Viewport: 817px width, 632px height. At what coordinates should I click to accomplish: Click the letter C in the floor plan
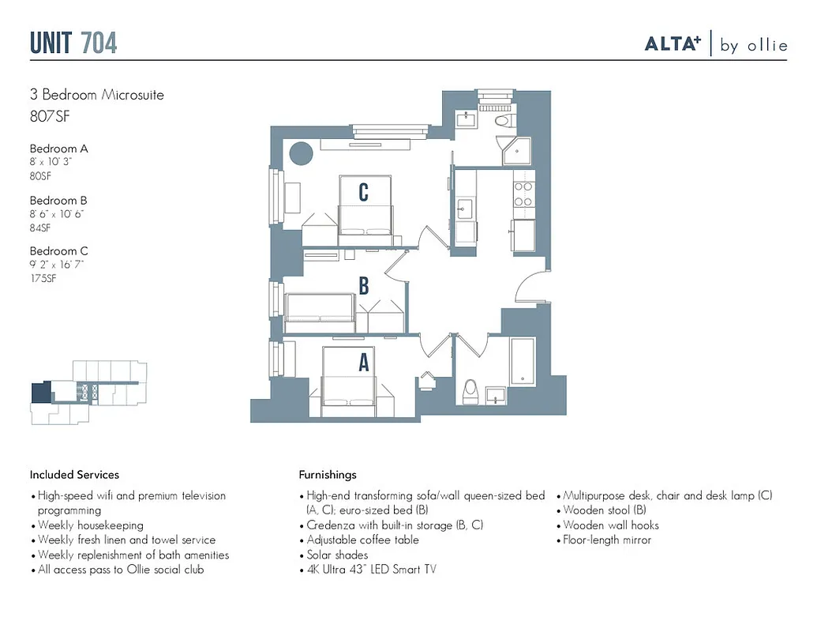pyautogui.click(x=363, y=192)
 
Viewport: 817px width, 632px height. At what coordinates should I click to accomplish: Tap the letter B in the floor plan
pyautogui.click(x=364, y=286)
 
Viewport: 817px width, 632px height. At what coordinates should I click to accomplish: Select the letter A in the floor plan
pyautogui.click(x=364, y=362)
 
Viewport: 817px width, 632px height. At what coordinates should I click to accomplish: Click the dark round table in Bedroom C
pyautogui.click(x=301, y=152)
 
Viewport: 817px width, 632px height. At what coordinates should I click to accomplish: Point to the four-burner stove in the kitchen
pyautogui.click(x=523, y=194)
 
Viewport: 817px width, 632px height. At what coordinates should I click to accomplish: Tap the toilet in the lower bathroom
pyautogui.click(x=471, y=390)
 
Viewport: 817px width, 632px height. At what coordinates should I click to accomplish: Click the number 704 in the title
pyautogui.click(x=99, y=43)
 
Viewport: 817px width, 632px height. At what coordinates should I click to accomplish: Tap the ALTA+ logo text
pyautogui.click(x=673, y=44)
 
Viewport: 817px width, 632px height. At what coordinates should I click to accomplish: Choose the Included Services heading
pyautogui.click(x=74, y=475)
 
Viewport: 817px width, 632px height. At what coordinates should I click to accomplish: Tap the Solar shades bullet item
pyautogui.click(x=337, y=555)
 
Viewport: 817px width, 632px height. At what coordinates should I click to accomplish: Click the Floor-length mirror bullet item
pyautogui.click(x=607, y=540)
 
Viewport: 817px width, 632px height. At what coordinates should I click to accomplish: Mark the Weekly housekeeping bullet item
pyautogui.click(x=91, y=525)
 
